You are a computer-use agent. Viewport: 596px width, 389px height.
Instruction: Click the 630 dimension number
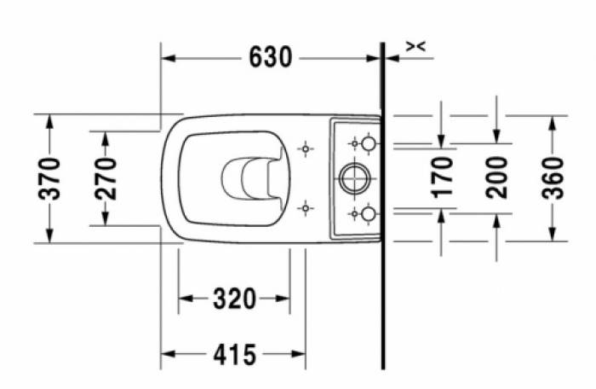[271, 57]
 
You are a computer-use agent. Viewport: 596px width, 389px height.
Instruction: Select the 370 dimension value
[49, 178]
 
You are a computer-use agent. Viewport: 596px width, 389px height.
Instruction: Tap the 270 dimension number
[106, 178]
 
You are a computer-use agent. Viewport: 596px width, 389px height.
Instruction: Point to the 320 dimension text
[234, 299]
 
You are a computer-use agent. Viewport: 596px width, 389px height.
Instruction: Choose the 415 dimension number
[234, 355]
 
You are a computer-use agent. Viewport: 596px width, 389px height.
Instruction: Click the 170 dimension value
[443, 177]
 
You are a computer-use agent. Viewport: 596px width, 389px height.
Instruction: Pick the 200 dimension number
[496, 177]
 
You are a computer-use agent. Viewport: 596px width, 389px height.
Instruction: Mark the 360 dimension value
[553, 178]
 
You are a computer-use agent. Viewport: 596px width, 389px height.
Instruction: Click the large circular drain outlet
[354, 178]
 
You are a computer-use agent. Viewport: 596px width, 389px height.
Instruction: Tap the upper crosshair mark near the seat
[305, 148]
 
